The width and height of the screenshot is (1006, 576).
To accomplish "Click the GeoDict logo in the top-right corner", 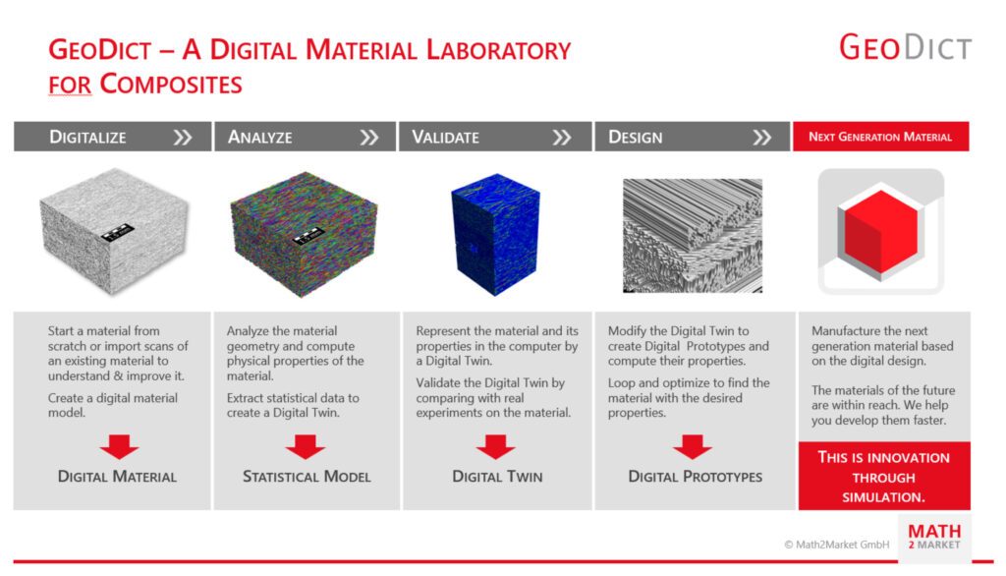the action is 905,47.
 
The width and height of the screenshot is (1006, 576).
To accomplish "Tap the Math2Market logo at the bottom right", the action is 934,537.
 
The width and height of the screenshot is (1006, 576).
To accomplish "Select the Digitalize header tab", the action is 112,137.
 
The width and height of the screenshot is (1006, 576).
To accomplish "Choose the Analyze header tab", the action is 305,137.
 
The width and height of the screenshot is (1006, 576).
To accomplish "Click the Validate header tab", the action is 495,137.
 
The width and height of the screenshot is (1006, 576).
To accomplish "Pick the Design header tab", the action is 693,137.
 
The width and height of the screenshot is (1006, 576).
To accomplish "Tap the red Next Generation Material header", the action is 881,137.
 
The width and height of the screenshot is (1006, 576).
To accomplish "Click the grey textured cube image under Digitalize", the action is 114,231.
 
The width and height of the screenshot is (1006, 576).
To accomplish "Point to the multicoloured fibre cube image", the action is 304,233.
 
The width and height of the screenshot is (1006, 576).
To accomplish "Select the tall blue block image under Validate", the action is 495,234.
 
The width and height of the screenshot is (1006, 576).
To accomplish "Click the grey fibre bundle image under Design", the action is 693,236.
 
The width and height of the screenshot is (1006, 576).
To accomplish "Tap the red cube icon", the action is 881,232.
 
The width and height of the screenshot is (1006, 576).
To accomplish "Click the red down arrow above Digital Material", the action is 119,446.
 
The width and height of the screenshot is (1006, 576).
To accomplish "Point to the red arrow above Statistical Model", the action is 306,446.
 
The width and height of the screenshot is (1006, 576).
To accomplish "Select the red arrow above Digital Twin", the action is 495,446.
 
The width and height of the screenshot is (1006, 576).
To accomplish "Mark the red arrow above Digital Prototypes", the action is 693,446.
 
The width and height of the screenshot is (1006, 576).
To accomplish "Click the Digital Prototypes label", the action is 695,477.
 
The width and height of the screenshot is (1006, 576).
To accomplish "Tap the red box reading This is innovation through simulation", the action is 884,476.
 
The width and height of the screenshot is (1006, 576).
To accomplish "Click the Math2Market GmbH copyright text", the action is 837,545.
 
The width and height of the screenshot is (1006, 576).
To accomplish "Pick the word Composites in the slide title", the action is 171,85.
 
